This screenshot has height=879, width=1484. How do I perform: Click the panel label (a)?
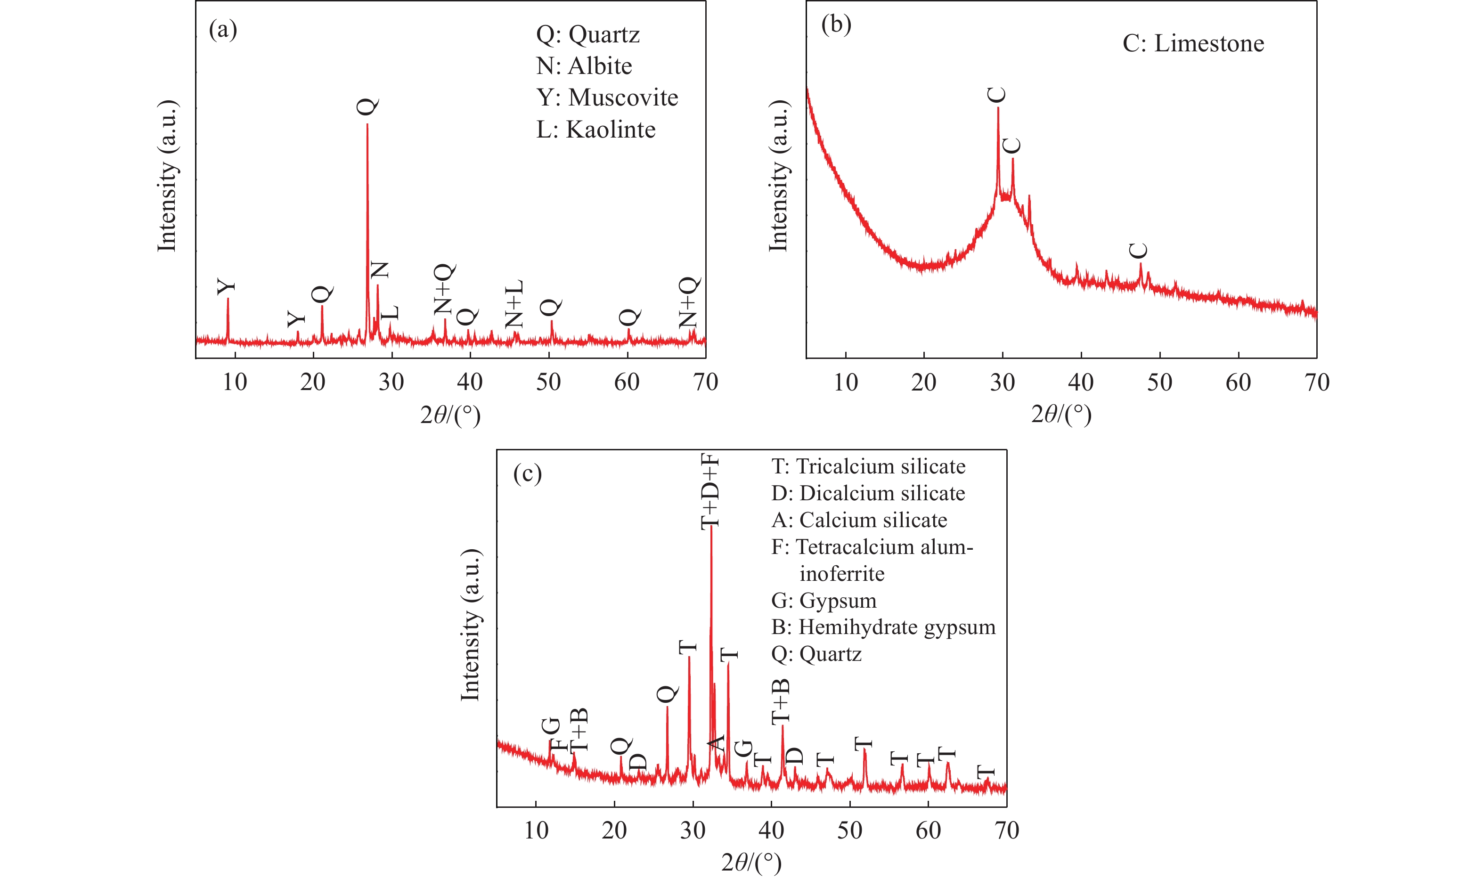pyautogui.click(x=223, y=29)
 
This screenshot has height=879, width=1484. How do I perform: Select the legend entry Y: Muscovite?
pyautogui.click(x=607, y=98)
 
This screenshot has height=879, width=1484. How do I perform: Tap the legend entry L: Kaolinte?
pyautogui.click(x=595, y=130)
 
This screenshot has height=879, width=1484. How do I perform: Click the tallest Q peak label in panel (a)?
pyautogui.click(x=367, y=106)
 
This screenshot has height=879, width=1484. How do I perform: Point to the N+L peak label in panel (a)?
pyautogui.click(x=514, y=304)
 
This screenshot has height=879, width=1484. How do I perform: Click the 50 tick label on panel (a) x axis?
pyautogui.click(x=548, y=382)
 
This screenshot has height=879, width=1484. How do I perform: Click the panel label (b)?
pyautogui.click(x=836, y=24)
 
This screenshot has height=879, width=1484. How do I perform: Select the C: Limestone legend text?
pyautogui.click(x=1193, y=44)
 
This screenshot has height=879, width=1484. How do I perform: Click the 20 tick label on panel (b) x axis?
pyautogui.click(x=923, y=383)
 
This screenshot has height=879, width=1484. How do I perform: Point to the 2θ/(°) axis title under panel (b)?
pyautogui.click(x=1061, y=414)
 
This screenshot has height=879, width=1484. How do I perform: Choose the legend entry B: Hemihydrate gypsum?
pyautogui.click(x=883, y=627)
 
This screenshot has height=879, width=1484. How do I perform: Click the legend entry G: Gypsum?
pyautogui.click(x=824, y=600)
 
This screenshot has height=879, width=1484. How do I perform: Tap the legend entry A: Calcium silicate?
pyautogui.click(x=859, y=520)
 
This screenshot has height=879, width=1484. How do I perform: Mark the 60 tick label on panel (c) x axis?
pyautogui.click(x=928, y=830)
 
